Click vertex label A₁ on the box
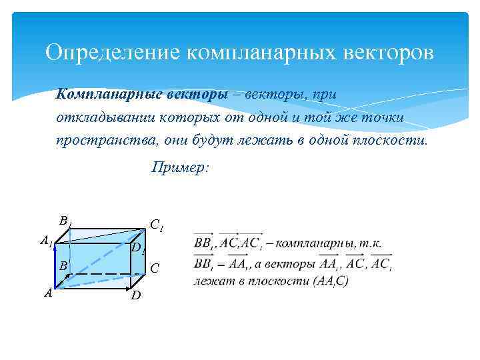click(x=45, y=241)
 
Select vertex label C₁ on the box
click(x=156, y=225)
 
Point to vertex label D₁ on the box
click(x=137, y=249)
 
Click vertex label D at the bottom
click(x=135, y=295)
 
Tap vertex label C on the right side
click(x=154, y=269)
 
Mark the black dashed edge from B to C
click(x=107, y=273)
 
